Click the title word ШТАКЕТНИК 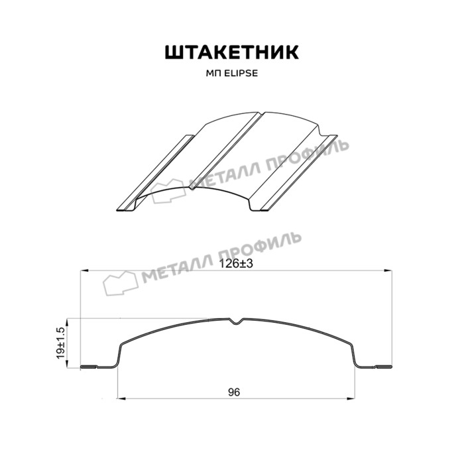tap(231, 52)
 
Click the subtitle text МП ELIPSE tap(231, 74)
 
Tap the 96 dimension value tap(233, 392)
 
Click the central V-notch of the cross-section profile tap(237, 323)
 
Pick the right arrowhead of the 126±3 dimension tap(386, 270)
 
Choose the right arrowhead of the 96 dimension tap(349, 400)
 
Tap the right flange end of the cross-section tap(386, 367)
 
